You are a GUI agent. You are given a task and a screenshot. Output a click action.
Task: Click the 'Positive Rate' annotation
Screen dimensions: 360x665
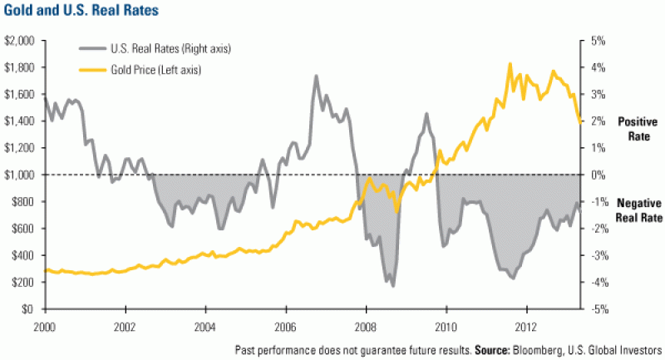point(638,128)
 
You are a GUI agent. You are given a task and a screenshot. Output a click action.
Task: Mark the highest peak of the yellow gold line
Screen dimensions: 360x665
point(510,63)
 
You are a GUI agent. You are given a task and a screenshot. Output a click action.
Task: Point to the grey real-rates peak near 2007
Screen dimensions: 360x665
point(316,76)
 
